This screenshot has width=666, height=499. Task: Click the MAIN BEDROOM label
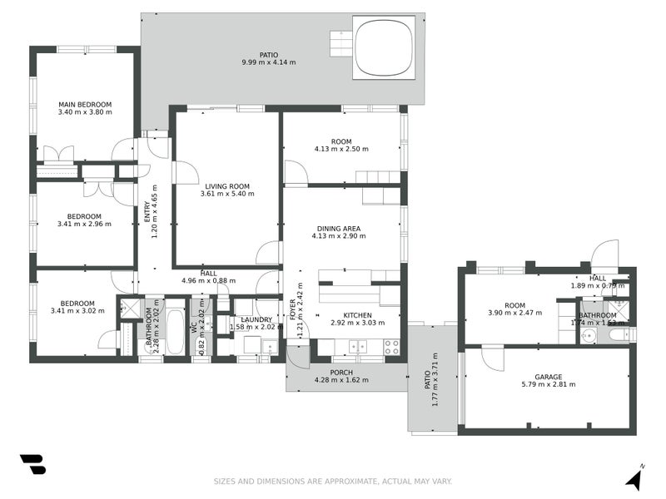(85, 105)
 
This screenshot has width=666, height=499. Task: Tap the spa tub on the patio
(383, 47)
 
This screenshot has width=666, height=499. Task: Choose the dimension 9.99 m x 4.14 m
(268, 62)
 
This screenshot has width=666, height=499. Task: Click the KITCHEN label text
(357, 315)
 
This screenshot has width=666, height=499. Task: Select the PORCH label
(341, 373)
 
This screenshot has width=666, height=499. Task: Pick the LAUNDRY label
(256, 319)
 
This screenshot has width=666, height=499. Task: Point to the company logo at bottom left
(32, 465)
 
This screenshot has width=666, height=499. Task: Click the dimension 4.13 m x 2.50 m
(341, 150)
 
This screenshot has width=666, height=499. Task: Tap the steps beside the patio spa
(341, 42)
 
